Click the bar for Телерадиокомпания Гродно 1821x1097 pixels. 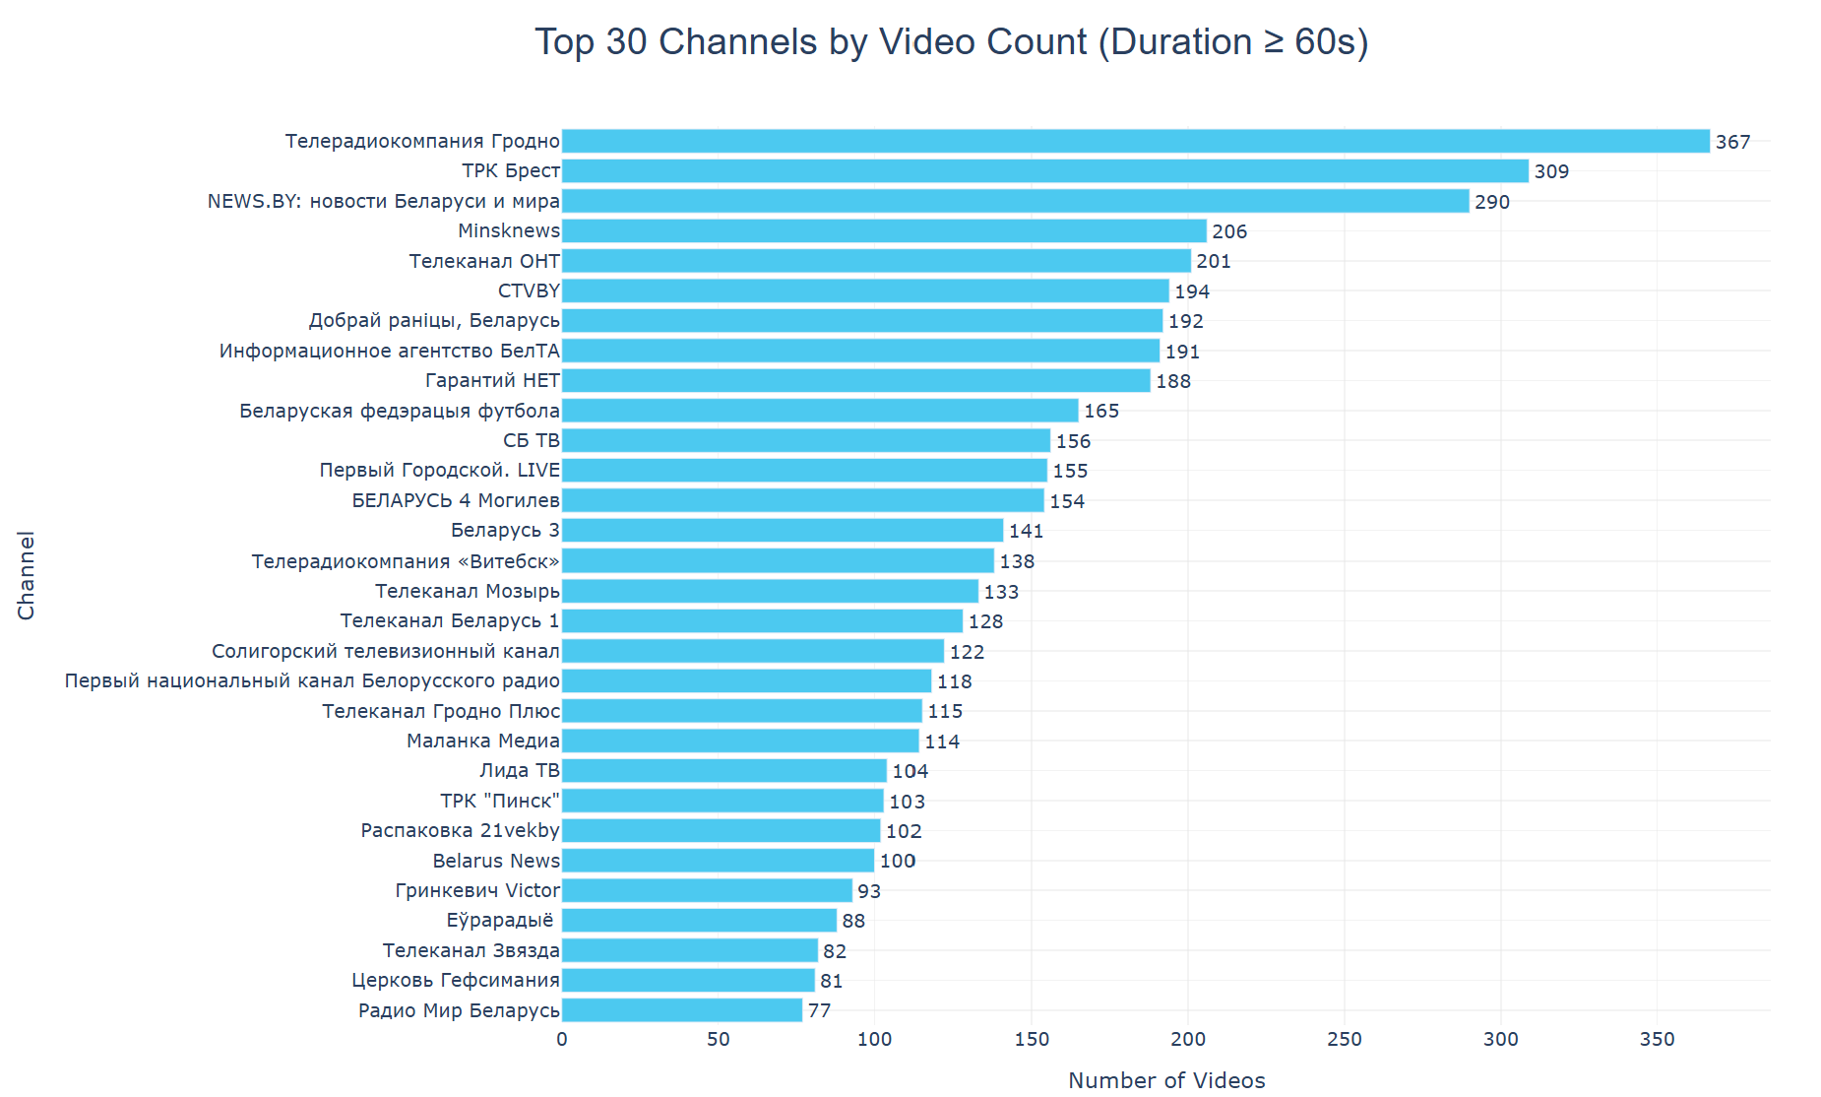(x=1135, y=141)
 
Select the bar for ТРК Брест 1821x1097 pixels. (x=1044, y=171)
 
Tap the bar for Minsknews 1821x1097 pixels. (x=883, y=230)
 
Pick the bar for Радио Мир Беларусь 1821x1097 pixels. (x=681, y=1010)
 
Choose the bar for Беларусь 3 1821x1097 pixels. (x=782, y=531)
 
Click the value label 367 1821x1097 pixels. (x=1732, y=142)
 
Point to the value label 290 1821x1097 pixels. (x=1491, y=202)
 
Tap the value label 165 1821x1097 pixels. (x=1101, y=411)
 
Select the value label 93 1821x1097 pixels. (x=869, y=891)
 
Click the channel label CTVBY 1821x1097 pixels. (x=529, y=290)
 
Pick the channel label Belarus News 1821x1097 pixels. (x=496, y=861)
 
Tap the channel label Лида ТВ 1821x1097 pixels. (x=519, y=771)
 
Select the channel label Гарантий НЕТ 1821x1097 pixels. (x=492, y=380)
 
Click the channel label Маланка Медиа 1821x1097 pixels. (x=482, y=741)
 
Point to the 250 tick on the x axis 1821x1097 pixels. (x=1345, y=1039)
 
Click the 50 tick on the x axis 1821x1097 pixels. (x=719, y=1039)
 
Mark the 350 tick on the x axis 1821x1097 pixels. (x=1658, y=1039)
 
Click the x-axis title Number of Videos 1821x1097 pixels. (x=1166, y=1080)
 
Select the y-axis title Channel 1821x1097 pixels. (x=26, y=575)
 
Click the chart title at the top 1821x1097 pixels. (x=951, y=42)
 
